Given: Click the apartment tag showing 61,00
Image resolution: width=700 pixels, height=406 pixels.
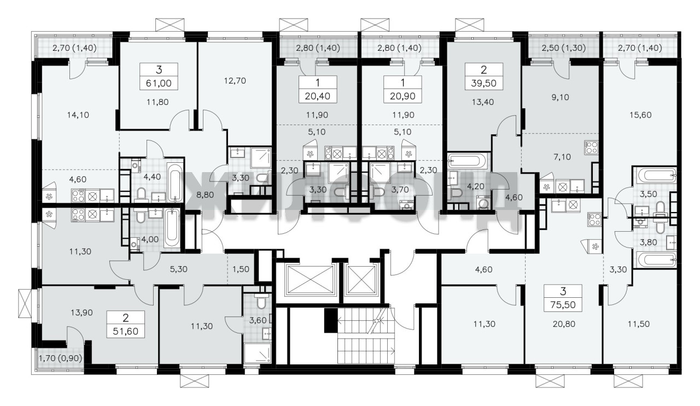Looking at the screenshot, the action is click(159, 76).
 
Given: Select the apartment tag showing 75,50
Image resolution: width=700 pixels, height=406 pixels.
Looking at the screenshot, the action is click(563, 298).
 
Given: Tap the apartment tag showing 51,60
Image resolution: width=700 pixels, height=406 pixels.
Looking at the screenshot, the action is click(126, 324).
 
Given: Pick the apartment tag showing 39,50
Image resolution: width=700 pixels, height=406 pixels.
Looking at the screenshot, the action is click(484, 76).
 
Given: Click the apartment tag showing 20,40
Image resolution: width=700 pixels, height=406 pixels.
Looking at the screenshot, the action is click(318, 89).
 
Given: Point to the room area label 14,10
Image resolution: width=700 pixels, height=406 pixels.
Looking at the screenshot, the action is click(78, 115).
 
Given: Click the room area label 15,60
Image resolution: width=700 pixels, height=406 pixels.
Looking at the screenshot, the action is click(640, 115).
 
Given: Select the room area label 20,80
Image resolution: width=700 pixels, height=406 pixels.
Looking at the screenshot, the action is click(564, 324).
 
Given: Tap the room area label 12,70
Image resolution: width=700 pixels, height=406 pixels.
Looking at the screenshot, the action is click(235, 81).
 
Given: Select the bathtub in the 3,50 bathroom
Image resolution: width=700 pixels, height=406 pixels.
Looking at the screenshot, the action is click(655, 176).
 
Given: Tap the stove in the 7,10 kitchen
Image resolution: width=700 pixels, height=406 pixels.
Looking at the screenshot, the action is click(591, 148).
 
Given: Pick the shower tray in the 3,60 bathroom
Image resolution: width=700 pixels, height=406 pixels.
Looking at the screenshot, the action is click(258, 353).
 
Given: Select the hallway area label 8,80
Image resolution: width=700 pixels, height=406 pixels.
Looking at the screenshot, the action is click(205, 195).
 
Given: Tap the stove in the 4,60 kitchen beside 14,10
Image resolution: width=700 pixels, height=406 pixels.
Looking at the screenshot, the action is click(78, 196).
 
